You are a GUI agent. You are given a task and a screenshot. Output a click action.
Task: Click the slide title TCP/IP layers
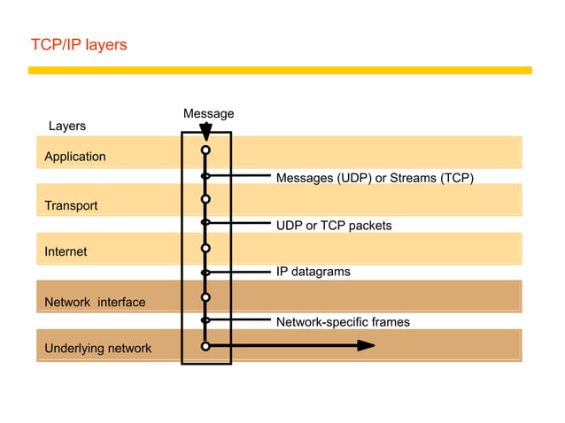[79, 44]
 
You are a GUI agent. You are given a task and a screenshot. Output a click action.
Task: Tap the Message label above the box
[208, 113]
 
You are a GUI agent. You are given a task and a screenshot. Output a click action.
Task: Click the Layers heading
[66, 126]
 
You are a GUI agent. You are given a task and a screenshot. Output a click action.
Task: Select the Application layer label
[75, 157]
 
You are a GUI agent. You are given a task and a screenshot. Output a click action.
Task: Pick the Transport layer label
[71, 205]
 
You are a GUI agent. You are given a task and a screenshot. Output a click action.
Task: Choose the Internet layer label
[66, 251]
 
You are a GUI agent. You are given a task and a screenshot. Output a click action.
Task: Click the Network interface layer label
[95, 302]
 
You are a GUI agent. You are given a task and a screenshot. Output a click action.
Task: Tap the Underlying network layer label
[97, 348]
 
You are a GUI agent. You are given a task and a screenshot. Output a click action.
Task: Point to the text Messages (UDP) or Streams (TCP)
[375, 178]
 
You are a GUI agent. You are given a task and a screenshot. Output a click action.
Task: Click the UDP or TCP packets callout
[333, 226]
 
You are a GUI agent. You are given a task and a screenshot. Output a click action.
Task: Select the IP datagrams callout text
[313, 272]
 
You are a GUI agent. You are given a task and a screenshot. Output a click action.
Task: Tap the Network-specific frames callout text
[343, 322]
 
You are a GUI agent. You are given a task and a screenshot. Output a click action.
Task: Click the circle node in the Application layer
[205, 151]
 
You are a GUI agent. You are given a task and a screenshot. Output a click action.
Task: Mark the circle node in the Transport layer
[205, 198]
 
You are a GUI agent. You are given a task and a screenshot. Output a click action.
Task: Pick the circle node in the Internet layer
[205, 248]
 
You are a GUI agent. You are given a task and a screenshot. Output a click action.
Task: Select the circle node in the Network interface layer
[205, 296]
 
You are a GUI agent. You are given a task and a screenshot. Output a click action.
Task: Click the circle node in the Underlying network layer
[205, 346]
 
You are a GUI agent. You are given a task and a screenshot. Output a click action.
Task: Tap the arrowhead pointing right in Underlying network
[366, 346]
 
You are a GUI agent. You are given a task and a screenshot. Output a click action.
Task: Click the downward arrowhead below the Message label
[205, 132]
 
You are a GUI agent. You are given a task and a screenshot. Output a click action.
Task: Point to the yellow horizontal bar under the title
[280, 70]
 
